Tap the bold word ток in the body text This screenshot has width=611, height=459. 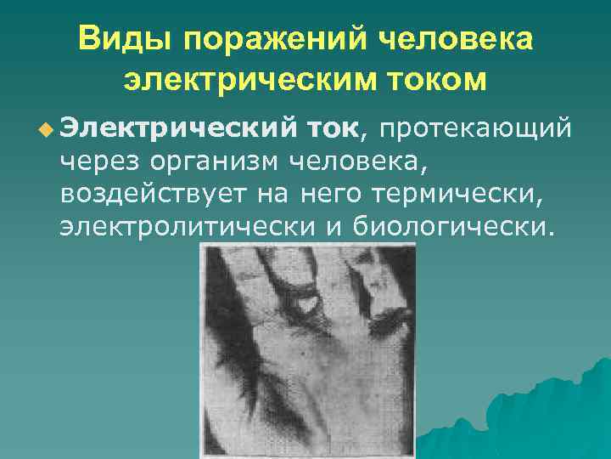click(333, 128)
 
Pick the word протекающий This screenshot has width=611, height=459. click(474, 129)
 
